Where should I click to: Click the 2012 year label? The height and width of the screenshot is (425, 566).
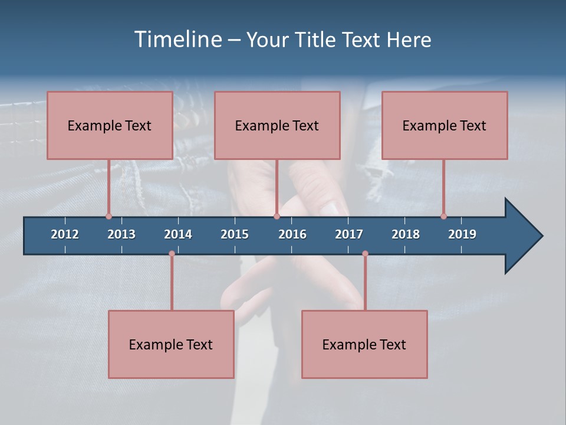(65, 234)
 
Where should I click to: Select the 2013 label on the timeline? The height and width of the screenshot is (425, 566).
(121, 234)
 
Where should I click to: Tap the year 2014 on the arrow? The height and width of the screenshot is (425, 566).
(178, 234)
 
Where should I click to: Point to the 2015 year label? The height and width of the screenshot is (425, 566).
(235, 234)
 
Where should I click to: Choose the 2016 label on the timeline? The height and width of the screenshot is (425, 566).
(292, 234)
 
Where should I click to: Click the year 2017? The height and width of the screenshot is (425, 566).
(349, 234)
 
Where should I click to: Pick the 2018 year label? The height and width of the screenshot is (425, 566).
(406, 234)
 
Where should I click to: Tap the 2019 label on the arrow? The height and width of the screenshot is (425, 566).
(462, 234)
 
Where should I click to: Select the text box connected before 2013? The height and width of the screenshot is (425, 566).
(110, 125)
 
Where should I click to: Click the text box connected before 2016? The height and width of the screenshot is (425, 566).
(277, 125)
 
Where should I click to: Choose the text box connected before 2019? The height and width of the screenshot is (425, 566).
(445, 125)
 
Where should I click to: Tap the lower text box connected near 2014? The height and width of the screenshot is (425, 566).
(171, 344)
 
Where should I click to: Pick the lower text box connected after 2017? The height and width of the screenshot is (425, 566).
(364, 344)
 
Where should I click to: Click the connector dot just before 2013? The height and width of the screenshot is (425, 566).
(108, 216)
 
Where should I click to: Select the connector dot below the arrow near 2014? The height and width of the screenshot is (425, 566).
(172, 253)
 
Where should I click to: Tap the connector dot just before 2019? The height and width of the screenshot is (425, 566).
(443, 216)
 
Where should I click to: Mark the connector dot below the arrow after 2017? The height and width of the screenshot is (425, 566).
(365, 253)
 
